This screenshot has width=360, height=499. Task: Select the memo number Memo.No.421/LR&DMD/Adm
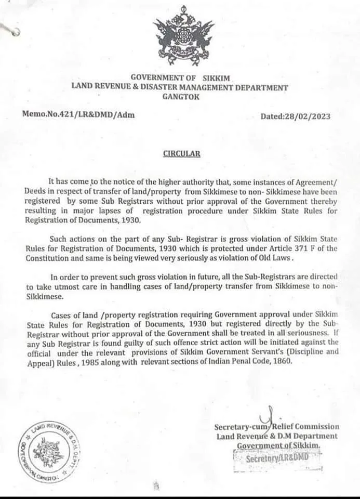(x=78, y=114)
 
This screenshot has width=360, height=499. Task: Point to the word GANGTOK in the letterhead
(x=180, y=96)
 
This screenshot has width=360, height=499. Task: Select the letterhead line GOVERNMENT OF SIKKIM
(x=180, y=78)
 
